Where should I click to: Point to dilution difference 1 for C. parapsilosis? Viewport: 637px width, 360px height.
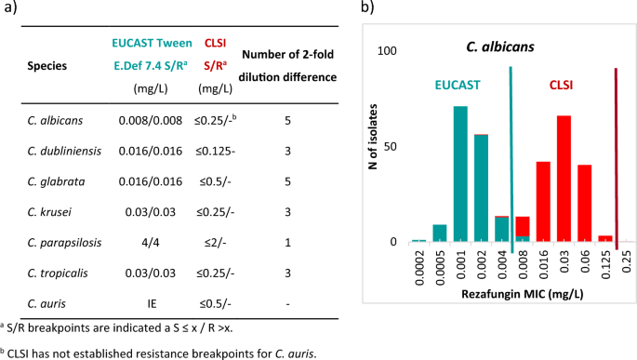[287, 243]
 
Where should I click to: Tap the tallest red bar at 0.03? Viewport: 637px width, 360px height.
[564, 178]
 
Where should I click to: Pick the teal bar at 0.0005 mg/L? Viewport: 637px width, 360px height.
[440, 233]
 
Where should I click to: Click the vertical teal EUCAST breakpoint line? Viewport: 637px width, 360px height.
[511, 158]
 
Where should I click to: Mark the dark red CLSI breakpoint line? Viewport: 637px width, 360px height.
[616, 158]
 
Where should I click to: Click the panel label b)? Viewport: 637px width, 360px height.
[367, 9]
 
